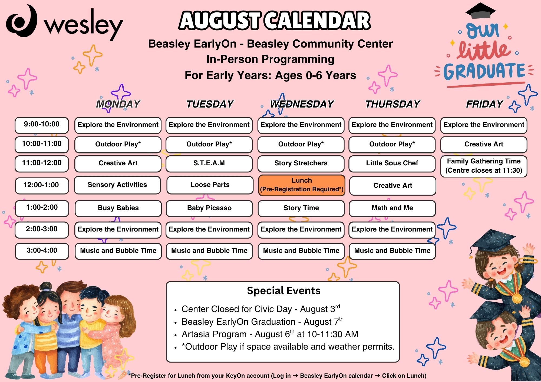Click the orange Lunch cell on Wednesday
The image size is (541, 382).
coord(302,185)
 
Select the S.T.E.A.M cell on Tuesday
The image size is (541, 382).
coord(209,163)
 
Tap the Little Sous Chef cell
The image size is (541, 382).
coord(392,163)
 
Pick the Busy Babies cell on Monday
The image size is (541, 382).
coord(118,208)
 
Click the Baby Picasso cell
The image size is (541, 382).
coord(209,208)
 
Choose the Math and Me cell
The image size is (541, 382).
coord(392,208)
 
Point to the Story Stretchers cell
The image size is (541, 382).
coord(301,163)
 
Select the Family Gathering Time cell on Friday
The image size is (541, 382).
coord(484,166)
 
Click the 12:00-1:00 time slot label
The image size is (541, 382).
coord(42,185)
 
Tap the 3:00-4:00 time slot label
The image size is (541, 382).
coord(42,251)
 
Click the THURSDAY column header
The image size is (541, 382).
coord(392,104)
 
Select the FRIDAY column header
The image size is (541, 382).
coord(484,104)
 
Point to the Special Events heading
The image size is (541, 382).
coord(283,291)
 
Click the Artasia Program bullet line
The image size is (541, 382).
coord(270,334)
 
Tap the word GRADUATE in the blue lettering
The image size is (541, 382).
coord(484,71)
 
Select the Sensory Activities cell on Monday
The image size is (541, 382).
coord(117,185)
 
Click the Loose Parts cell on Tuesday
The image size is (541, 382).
coord(210,185)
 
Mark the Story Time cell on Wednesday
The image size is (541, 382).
coord(301,208)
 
